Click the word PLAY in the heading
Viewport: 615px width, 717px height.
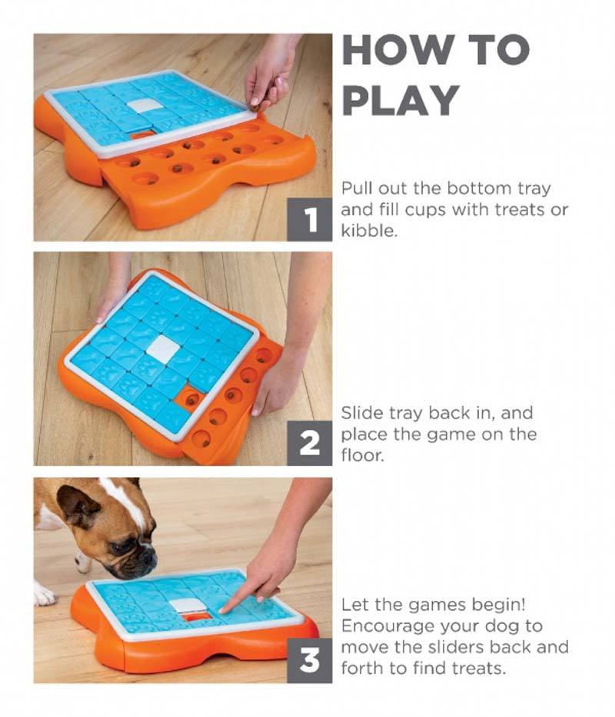click(x=401, y=100)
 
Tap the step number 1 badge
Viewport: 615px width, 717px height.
click(x=310, y=220)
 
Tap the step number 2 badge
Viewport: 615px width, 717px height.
click(x=310, y=445)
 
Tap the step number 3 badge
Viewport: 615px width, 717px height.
click(x=310, y=662)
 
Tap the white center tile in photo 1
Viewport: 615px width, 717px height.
click(x=142, y=105)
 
